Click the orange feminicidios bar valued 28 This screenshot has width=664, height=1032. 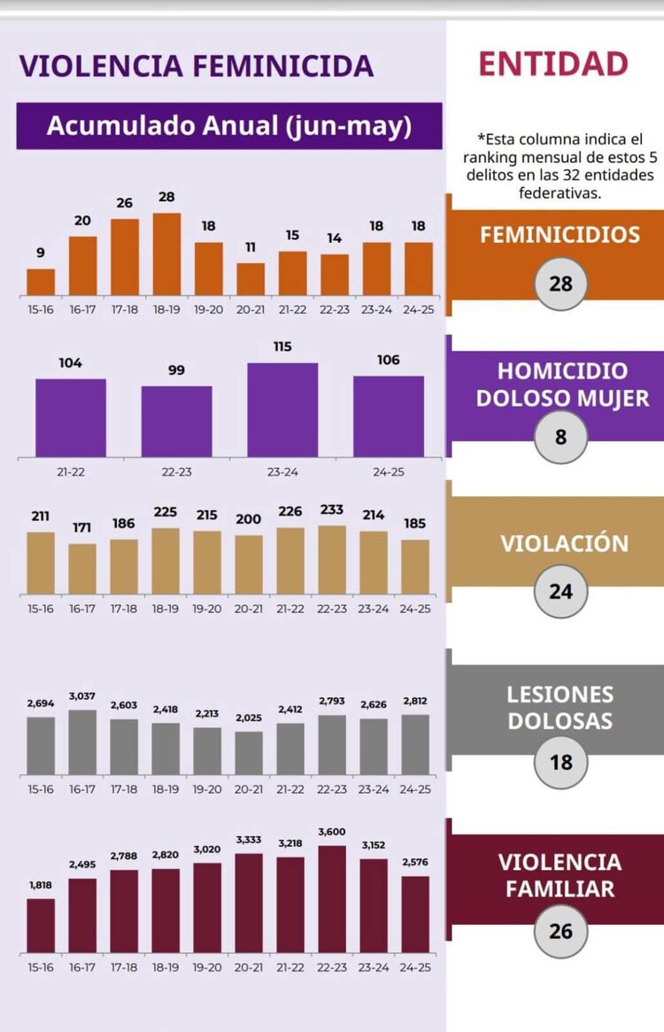[x=166, y=254]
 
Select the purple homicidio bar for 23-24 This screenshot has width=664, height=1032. [x=282, y=410]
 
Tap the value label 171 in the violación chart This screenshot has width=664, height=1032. [x=82, y=528]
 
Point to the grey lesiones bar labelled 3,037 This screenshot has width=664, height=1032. [x=82, y=742]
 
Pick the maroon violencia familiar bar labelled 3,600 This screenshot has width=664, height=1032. [x=332, y=899]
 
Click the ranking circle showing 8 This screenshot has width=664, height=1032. [x=560, y=437]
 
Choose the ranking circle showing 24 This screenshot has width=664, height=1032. [x=560, y=591]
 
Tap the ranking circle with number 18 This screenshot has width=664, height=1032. [x=560, y=762]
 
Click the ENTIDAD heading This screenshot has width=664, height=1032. [x=553, y=65]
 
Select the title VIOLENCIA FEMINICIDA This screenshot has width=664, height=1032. [x=197, y=66]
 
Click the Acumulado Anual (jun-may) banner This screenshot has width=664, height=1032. [x=229, y=126]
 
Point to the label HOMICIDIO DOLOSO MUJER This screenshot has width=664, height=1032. [x=562, y=384]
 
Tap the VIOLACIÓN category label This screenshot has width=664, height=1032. [x=565, y=543]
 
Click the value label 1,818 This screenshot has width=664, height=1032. [x=41, y=884]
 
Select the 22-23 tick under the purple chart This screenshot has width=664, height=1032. [x=176, y=471]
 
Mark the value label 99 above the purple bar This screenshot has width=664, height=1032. [x=176, y=370]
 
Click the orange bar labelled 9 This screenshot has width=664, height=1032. [x=41, y=282]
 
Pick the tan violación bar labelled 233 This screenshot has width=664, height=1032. [x=332, y=560]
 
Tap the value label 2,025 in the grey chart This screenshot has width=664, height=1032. [x=249, y=717]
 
